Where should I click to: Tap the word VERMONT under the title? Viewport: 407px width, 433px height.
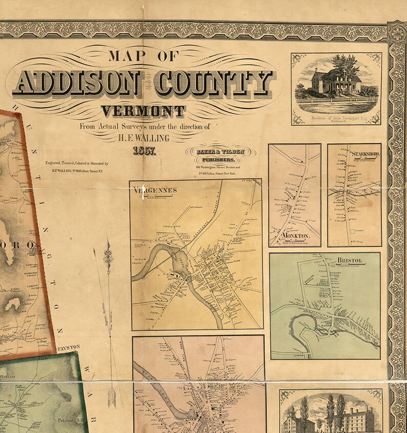pos(143,111)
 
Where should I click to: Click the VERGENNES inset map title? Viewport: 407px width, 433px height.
pos(155,190)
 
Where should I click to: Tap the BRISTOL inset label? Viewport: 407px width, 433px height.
pos(350,260)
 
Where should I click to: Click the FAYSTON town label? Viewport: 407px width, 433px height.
pos(69,347)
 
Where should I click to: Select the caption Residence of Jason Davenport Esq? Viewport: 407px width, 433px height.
pos(336,119)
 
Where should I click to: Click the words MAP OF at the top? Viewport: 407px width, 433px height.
pos(143,56)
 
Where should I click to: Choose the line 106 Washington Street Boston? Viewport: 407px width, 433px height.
pos(220,168)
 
